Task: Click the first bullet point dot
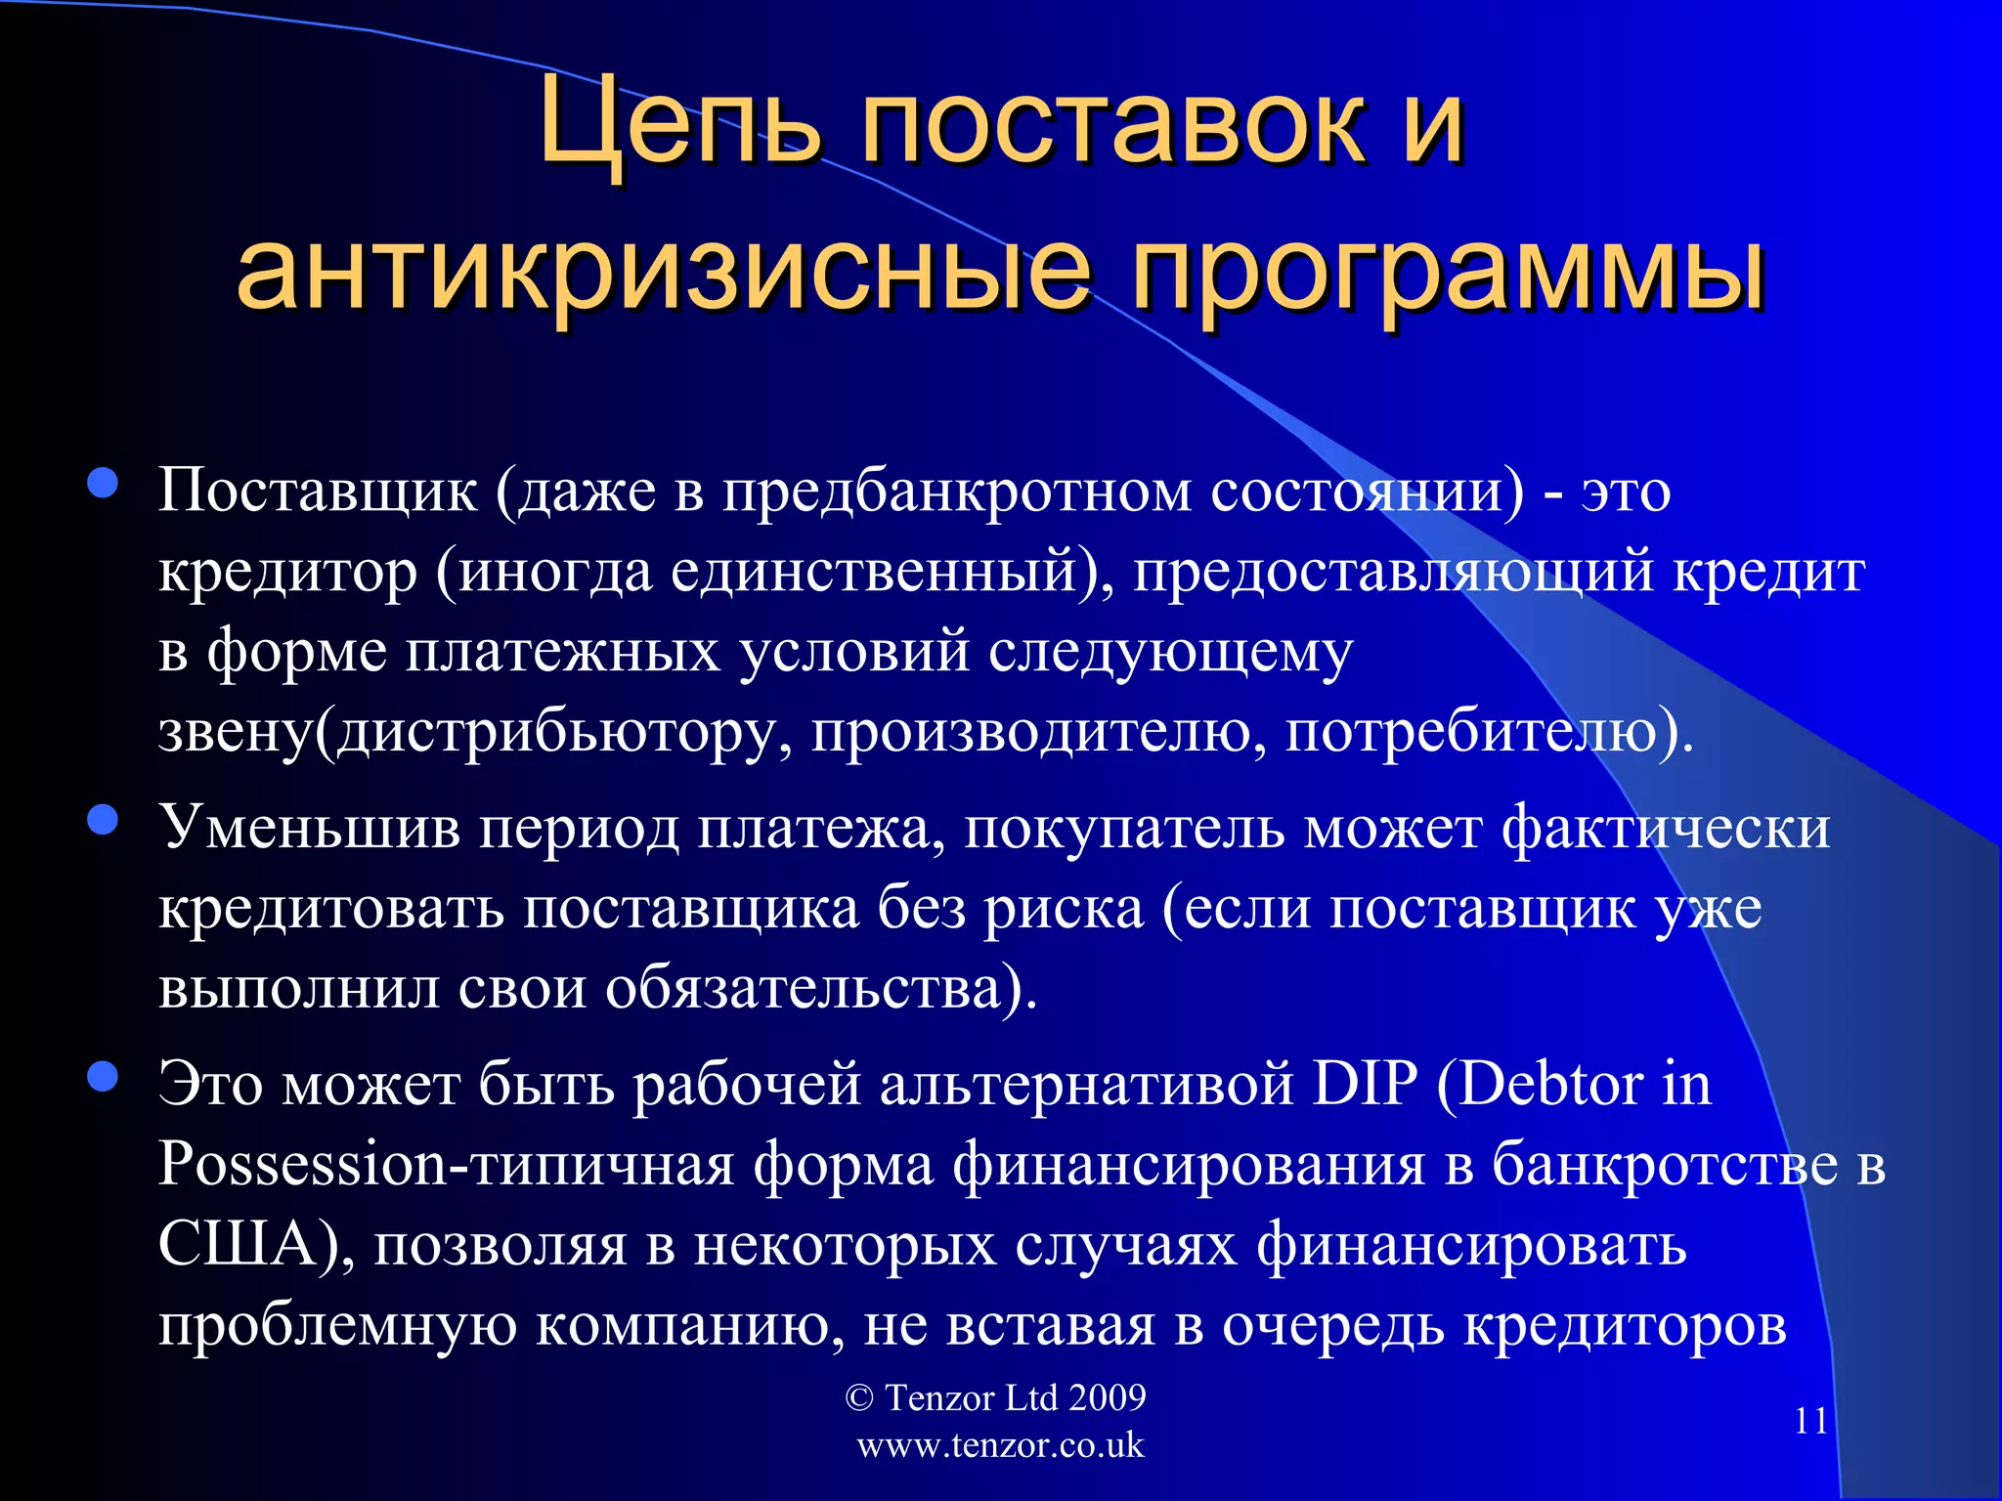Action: coord(103,483)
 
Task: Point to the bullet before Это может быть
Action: coord(103,1078)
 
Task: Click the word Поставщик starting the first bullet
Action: coord(318,491)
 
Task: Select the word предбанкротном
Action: coord(957,491)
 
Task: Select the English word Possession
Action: coord(302,1166)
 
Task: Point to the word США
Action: coord(239,1246)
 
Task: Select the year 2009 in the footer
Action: coord(1107,1398)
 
